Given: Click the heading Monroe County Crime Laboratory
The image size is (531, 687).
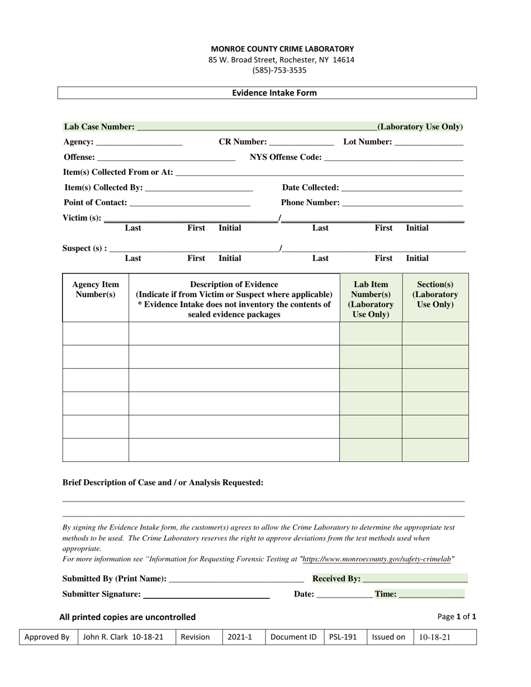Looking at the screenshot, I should pyautogui.click(x=282, y=49).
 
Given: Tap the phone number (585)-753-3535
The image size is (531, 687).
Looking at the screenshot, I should pyautogui.click(x=282, y=70).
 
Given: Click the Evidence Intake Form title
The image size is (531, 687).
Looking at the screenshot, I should pyautogui.click(x=274, y=93).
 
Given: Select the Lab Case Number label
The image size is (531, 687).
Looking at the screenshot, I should pyautogui.click(x=99, y=127).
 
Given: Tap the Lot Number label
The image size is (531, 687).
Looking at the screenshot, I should pyautogui.click(x=367, y=142).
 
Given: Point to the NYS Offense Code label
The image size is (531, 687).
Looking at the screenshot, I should pyautogui.click(x=286, y=158).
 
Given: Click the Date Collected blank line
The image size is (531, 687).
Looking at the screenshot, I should pyautogui.click(x=401, y=189).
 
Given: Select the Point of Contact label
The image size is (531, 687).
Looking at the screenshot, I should pyautogui.click(x=96, y=202).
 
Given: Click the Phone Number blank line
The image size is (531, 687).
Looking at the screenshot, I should pyautogui.click(x=402, y=204).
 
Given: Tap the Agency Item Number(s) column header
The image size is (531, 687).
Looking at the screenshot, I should pyautogui.click(x=96, y=289).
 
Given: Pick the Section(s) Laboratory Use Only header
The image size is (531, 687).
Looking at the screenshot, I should pyautogui.click(x=435, y=294).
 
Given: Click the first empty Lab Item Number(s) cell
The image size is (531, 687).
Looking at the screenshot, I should pyautogui.click(x=371, y=333).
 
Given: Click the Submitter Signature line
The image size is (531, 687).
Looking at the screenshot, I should pyautogui.click(x=206, y=595).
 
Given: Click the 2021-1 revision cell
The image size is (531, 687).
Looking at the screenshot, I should pyautogui.click(x=240, y=637).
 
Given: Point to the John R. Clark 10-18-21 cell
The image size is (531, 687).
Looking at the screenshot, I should pyautogui.click(x=126, y=637).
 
